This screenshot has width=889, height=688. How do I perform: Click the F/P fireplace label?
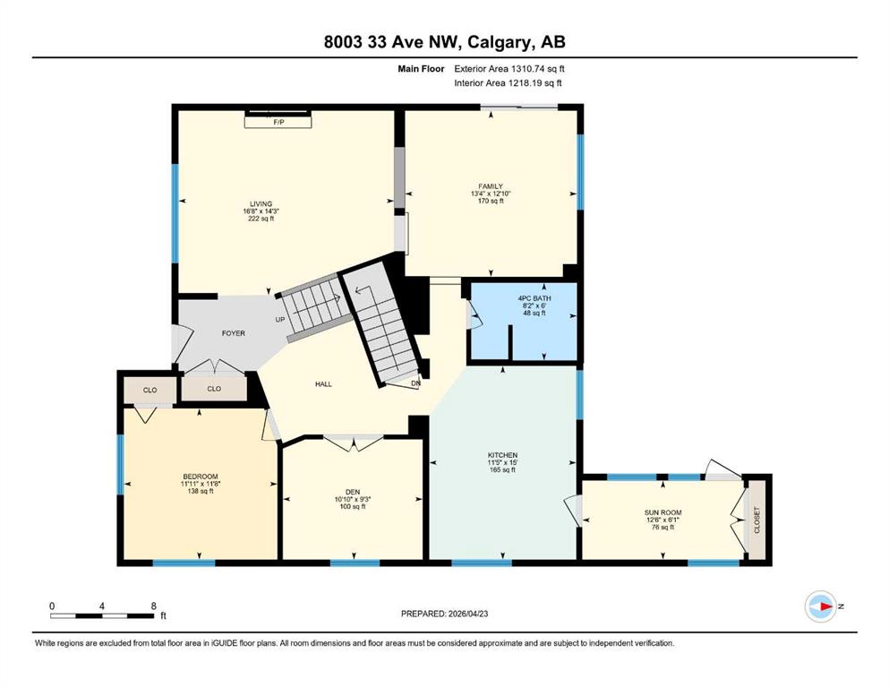[x=278, y=122]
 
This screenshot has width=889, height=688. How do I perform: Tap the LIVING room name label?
[x=261, y=204]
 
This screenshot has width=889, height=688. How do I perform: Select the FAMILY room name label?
[x=491, y=186]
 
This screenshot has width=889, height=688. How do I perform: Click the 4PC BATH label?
[x=534, y=298]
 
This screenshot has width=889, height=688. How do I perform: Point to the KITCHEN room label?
[x=502, y=455]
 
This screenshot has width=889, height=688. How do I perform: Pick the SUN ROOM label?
[x=662, y=512]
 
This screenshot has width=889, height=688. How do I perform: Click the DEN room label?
[x=353, y=493]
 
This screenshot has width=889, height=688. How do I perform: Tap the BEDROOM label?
[x=201, y=477]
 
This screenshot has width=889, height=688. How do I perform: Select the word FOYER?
[x=233, y=333]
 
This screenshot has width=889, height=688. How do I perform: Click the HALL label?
[x=323, y=384]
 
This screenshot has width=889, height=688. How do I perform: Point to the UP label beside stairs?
[x=280, y=319]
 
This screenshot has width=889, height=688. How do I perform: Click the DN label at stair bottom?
[x=415, y=383]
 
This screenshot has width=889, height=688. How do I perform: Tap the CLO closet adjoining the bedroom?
[x=150, y=391]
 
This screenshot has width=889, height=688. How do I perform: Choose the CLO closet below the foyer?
[x=214, y=389]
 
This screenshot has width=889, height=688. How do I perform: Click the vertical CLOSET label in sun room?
[x=757, y=520]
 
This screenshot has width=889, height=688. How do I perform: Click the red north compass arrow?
[x=825, y=606]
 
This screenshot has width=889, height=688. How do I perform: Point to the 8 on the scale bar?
[x=154, y=606]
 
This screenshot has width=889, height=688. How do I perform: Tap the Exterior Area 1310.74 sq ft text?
[x=509, y=69]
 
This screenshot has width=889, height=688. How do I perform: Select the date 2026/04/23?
[x=467, y=614]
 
